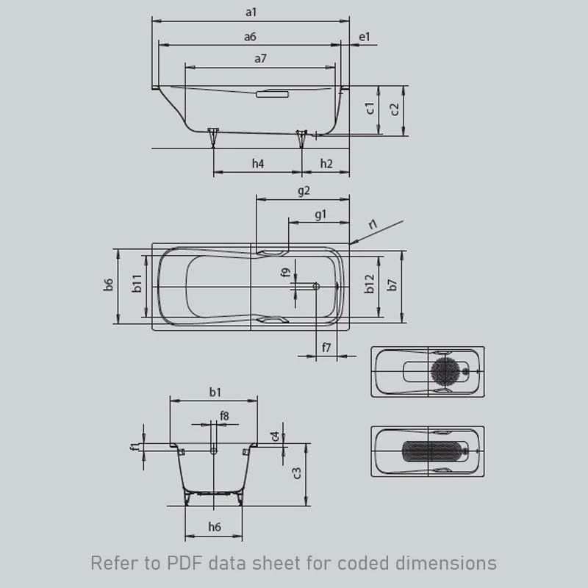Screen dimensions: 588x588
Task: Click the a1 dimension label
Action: tap(251, 11)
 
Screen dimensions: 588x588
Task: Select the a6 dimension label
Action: tap(251, 36)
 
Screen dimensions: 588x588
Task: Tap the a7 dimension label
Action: tap(260, 59)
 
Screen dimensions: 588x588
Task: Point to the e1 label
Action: tap(365, 36)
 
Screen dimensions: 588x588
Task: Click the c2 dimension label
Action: tap(395, 110)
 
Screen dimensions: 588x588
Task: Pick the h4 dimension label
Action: tap(257, 164)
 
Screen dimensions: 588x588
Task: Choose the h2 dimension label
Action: tap(326, 164)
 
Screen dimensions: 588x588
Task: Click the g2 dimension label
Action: tap(304, 190)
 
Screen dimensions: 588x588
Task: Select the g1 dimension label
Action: tap(320, 214)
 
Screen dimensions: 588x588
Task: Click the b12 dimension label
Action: tap(370, 284)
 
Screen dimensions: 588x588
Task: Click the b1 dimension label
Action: tap(215, 392)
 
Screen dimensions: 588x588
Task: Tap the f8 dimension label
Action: tap(224, 416)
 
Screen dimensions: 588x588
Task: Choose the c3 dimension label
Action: tap(296, 473)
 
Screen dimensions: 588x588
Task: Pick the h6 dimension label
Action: tap(214, 526)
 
